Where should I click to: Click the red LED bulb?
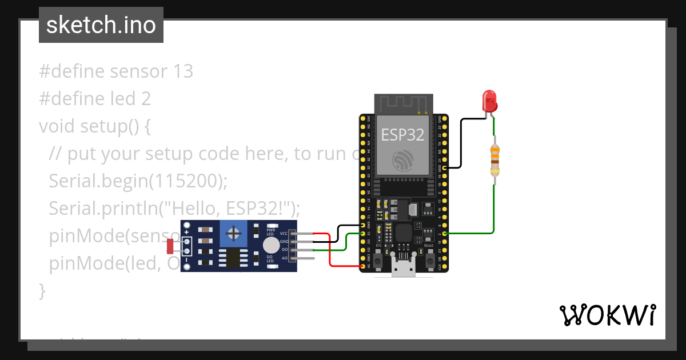489,101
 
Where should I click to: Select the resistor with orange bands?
495,159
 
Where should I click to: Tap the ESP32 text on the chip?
402,135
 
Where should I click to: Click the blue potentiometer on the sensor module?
233,233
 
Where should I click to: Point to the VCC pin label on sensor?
284,234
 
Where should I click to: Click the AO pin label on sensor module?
285,258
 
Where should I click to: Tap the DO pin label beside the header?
285,250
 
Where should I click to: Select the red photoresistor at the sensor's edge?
170,246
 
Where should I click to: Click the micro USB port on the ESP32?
405,269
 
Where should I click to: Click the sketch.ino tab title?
101,25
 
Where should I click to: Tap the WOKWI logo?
607,315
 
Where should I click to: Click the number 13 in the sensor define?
182,71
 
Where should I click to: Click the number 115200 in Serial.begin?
186,181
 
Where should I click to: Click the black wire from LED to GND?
462,143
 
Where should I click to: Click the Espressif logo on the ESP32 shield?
402,161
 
